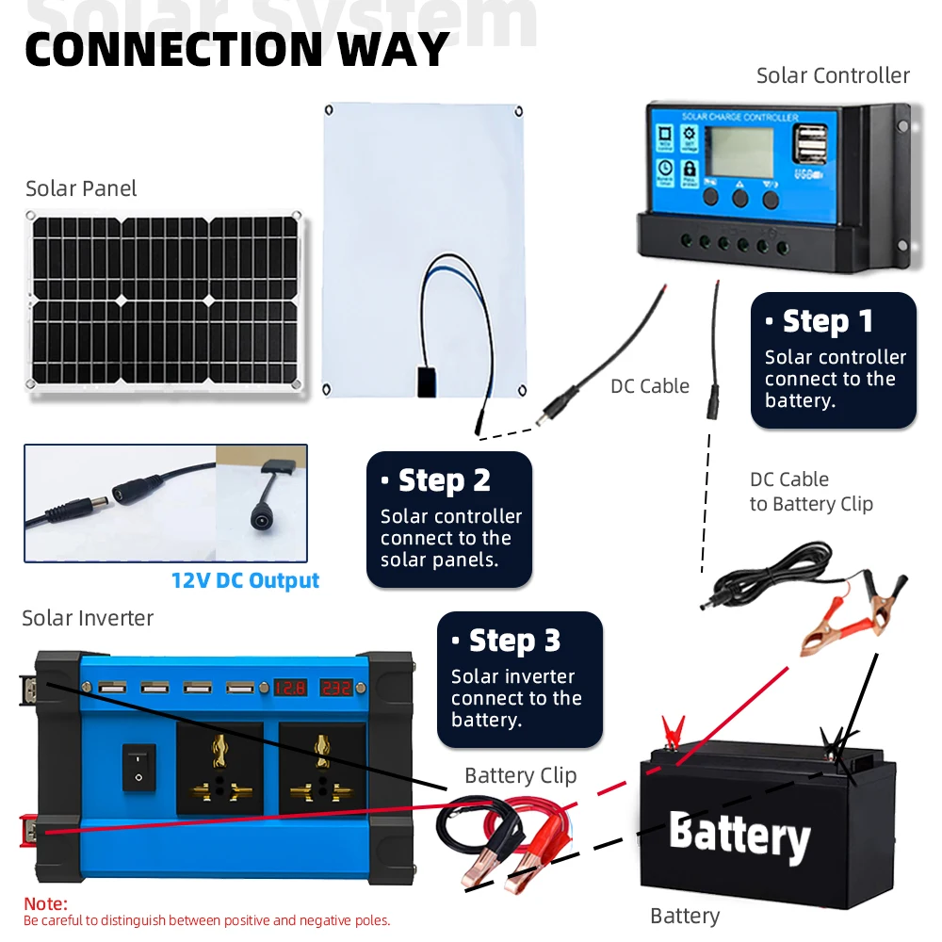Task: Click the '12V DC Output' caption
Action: [245, 580]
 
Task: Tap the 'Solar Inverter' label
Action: [88, 618]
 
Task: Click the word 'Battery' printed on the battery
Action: [739, 835]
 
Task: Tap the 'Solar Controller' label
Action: [833, 75]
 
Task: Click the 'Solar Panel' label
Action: [81, 188]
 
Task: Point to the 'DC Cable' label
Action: [650, 386]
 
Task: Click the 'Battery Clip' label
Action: [520, 775]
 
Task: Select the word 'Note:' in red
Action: [45, 904]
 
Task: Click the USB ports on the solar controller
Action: [806, 146]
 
